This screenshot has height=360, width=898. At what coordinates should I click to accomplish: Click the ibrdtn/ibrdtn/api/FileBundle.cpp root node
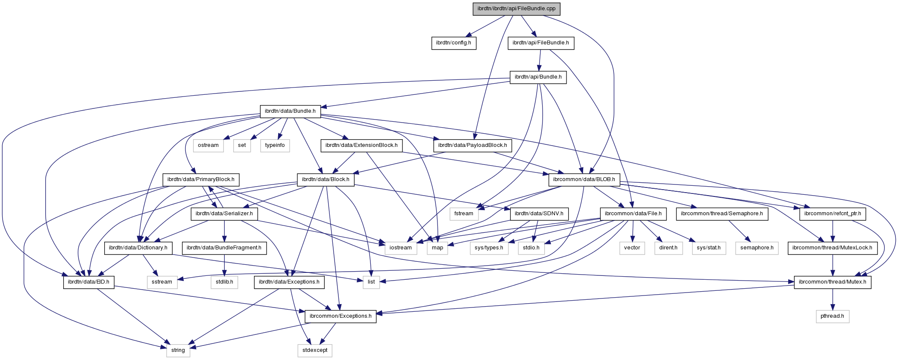516,9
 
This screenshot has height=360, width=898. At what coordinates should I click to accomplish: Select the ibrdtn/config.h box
453,43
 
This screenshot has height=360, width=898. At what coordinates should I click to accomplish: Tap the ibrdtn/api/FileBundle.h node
540,43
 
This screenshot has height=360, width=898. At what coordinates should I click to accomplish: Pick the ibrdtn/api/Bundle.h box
538,77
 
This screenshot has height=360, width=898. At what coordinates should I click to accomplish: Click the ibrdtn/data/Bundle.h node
290,111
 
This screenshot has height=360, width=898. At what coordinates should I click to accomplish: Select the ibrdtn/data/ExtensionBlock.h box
361,145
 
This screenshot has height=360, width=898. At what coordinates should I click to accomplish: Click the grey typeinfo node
275,145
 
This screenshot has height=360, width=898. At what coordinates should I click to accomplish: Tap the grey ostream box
208,145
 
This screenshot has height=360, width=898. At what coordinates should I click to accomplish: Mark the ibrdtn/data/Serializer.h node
224,214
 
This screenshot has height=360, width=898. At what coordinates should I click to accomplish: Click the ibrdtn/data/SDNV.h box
539,214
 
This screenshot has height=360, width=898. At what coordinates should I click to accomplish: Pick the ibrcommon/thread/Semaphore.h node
722,214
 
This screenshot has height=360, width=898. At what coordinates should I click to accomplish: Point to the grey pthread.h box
832,316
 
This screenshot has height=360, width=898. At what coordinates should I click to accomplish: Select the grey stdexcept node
315,350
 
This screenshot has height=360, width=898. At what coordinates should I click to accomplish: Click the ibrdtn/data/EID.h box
88,282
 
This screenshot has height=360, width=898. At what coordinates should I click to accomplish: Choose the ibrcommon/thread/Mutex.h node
832,282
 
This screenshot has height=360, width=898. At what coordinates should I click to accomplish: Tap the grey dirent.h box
668,248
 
